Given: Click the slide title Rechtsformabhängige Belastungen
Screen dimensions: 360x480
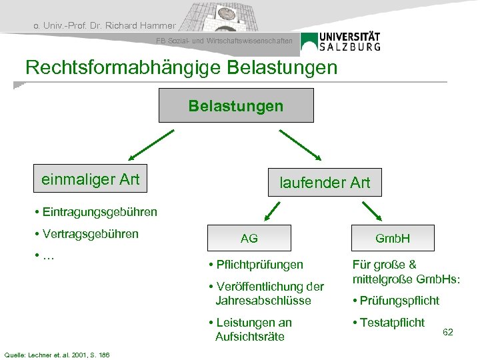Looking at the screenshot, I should pyautogui.click(x=181, y=67).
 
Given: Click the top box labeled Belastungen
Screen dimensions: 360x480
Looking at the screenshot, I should pyautogui.click(x=235, y=106).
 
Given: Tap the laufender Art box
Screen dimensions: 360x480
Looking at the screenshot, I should pyautogui.click(x=325, y=182).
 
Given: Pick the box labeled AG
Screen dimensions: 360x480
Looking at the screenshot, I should pyautogui.click(x=249, y=238).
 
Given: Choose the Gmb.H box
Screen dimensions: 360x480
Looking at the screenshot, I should pyautogui.click(x=393, y=238).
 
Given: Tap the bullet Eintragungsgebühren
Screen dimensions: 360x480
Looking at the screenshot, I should pyautogui.click(x=98, y=212).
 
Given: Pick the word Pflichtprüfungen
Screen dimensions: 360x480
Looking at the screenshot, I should pyautogui.click(x=259, y=265).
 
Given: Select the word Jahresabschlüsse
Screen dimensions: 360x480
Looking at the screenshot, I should pyautogui.click(x=263, y=301).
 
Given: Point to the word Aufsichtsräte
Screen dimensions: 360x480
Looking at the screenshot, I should pyautogui.click(x=249, y=337).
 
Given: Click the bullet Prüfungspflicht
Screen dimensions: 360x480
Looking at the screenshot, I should pyautogui.click(x=399, y=301).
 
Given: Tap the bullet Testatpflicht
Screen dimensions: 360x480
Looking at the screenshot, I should pyautogui.click(x=392, y=323).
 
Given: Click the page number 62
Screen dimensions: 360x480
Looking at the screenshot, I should pyautogui.click(x=448, y=331).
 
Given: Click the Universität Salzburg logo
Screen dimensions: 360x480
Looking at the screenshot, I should pyautogui.click(x=341, y=41).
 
